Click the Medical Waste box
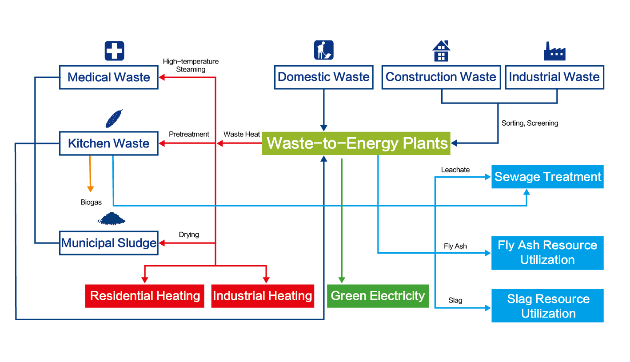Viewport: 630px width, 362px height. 109,77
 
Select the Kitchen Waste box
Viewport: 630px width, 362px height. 109,143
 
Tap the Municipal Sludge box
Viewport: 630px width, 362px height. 109,243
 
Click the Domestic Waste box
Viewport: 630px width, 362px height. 323,77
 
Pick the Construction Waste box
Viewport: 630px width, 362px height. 441,77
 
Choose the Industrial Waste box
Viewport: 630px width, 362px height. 554,77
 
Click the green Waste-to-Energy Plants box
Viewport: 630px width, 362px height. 356,143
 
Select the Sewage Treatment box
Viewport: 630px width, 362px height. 547,177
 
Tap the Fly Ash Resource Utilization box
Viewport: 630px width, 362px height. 547,253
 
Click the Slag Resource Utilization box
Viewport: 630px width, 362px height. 547,306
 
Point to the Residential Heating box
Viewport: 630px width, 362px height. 145,296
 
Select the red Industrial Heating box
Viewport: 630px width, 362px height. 263,296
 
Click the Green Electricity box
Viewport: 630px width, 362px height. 378,296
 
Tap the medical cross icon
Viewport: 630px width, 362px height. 114,51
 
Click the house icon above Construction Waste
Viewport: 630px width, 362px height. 441,51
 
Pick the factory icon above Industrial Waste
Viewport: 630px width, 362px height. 554,51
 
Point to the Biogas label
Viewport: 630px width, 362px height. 91,203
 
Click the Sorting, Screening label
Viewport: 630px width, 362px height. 530,123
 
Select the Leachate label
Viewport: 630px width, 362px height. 455,170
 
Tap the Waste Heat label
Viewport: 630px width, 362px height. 242,134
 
